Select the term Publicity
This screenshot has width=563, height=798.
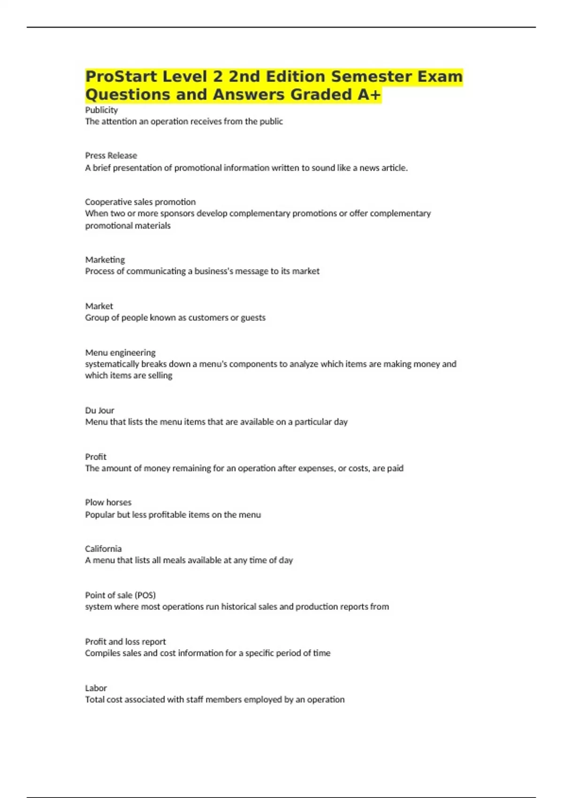coord(101,110)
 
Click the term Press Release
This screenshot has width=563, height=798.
coord(111,155)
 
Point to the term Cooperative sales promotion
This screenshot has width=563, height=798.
coord(140,202)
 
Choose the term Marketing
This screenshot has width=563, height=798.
coord(105,260)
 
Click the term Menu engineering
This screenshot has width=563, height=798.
coord(120,353)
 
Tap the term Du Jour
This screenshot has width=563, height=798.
coord(99,410)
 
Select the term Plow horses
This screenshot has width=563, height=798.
coord(108,502)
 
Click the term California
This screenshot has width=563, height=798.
coord(103,549)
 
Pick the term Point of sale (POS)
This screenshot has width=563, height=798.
coord(120,595)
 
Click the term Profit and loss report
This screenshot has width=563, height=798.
coord(125,642)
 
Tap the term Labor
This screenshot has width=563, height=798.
coord(96,688)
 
